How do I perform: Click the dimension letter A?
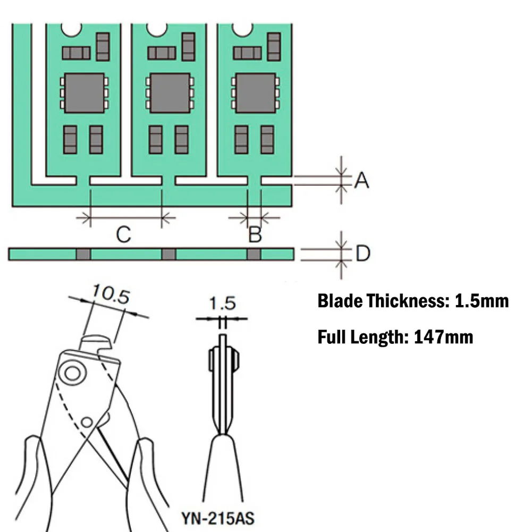(362, 180)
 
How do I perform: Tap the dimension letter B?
(255, 234)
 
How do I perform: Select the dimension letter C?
(123, 234)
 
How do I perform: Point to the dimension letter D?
(363, 253)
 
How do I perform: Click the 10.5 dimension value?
(111, 294)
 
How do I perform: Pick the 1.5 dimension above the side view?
(222, 303)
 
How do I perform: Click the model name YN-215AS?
(218, 518)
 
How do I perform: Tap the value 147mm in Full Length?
(443, 337)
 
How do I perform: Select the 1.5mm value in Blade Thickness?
(482, 301)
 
